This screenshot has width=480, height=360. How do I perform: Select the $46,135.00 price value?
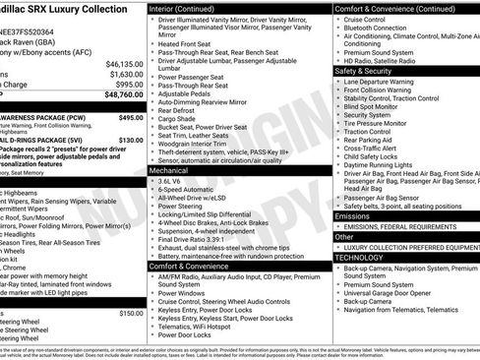click(x=123, y=63)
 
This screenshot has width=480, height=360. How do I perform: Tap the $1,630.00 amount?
click(x=125, y=74)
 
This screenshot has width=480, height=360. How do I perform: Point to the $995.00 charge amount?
click(x=128, y=85)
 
